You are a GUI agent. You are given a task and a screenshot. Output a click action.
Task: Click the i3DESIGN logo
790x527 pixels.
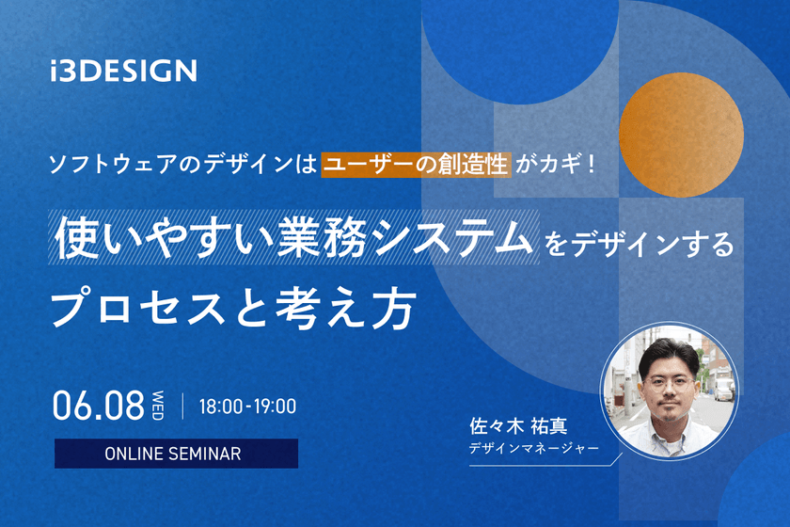coord(124,71)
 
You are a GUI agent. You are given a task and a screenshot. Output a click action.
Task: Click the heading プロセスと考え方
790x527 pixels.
coord(232,307)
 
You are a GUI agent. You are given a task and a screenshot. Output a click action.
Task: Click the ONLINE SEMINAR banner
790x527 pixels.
coord(176,454)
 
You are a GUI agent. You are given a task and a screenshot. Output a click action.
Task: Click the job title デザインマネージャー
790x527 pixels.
coord(533,449)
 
